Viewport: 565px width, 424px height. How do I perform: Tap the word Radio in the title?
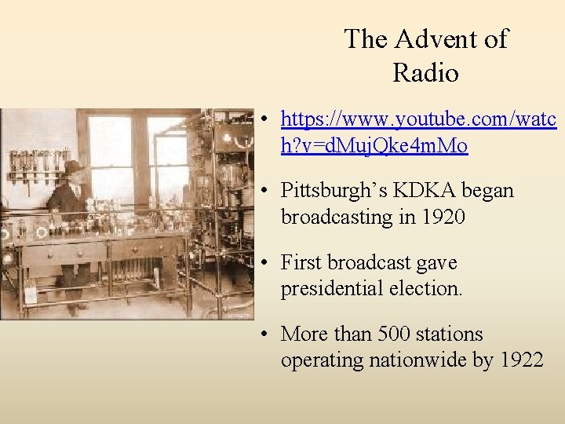[x=425, y=73]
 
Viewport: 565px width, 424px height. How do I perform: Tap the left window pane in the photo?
[x=111, y=165]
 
